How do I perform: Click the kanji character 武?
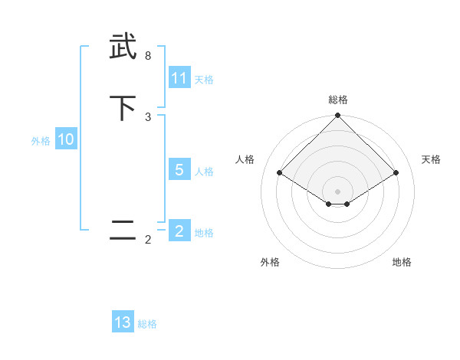pyautogui.click(x=123, y=47)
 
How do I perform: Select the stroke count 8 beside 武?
pyautogui.click(x=147, y=56)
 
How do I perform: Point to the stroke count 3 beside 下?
pyautogui.click(x=147, y=116)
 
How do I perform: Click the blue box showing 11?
pyautogui.click(x=179, y=78)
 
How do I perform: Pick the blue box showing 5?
pyautogui.click(x=179, y=170)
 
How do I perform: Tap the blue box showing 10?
pyautogui.click(x=66, y=140)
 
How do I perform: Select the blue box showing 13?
pyautogui.click(x=123, y=322)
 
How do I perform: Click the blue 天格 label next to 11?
pyautogui.click(x=204, y=80)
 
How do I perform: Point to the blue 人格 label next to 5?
pyautogui.click(x=204, y=172)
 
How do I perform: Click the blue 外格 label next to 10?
pyautogui.click(x=41, y=141)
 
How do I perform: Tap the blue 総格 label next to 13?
pyautogui.click(x=147, y=324)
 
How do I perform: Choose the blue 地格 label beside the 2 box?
pyautogui.click(x=204, y=233)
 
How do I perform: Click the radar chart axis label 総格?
pyautogui.click(x=337, y=100)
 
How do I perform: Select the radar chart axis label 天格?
pyautogui.click(x=432, y=159)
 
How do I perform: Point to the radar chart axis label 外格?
pyautogui.click(x=270, y=262)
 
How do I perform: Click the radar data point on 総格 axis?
pyautogui.click(x=337, y=116)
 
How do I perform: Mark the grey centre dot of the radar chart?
pyautogui.click(x=337, y=191)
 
